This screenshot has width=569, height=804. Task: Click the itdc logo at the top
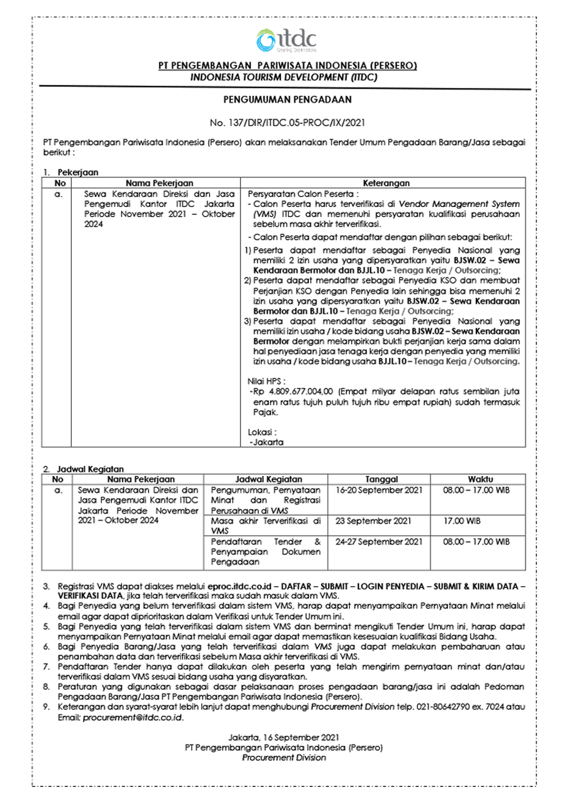coord(286,40)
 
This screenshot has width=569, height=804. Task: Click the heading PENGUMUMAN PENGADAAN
coord(287,100)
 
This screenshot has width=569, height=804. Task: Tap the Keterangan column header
coord(386,183)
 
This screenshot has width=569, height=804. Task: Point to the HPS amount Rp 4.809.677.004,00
coord(294,392)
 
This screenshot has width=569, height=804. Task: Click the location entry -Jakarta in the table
coord(267,442)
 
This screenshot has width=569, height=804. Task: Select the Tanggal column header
coord(381,479)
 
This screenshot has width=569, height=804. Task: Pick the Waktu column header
coord(480,479)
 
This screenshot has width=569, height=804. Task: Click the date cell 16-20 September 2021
coord(379,490)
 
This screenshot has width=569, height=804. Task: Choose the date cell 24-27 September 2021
coord(379,542)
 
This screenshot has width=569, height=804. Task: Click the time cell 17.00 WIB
coord(462,521)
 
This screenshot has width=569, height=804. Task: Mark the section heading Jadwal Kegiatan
coord(90,469)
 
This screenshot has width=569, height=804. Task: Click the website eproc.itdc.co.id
coord(240,586)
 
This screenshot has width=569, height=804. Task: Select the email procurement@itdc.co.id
coord(133,718)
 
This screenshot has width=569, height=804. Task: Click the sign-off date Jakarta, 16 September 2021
coord(284,737)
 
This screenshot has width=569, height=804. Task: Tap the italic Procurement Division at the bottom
coord(284,758)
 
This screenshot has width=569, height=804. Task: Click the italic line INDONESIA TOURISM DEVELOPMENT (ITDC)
coord(284,77)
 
